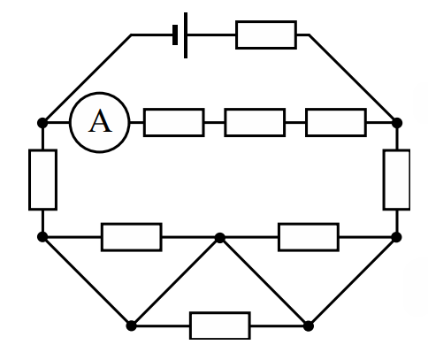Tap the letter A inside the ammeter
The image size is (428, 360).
[x=100, y=121]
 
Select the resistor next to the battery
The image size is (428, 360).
[x=266, y=34]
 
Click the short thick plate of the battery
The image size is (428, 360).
[x=175, y=34]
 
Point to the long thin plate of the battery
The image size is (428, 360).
[x=186, y=35]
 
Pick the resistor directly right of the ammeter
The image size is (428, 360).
[x=174, y=122]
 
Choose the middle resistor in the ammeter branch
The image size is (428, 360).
[x=255, y=122]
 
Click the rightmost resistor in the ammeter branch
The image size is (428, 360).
[x=336, y=122]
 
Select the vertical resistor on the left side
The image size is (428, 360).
[x=42, y=180]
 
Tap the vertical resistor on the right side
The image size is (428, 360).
[x=397, y=180]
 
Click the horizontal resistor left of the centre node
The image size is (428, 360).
[x=132, y=237]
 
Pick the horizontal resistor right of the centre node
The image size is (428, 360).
[x=309, y=237]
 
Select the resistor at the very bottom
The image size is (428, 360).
[x=220, y=326]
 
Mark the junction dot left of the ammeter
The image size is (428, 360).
[x=42, y=123]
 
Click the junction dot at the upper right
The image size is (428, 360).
[x=397, y=123]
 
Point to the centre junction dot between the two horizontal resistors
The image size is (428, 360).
[x=220, y=237]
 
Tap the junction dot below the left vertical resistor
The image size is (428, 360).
[x=42, y=237]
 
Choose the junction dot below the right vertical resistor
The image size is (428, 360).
[x=397, y=237]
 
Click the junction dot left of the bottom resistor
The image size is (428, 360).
[x=132, y=326]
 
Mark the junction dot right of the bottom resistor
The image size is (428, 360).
[x=309, y=326]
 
